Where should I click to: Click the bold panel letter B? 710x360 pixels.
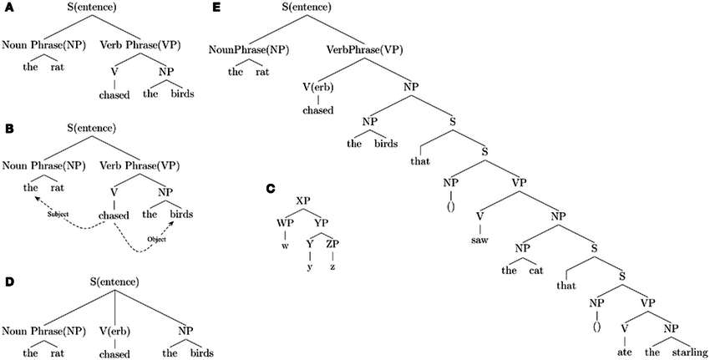pyautogui.click(x=8, y=129)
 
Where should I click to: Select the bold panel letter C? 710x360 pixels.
pyautogui.click(x=271, y=190)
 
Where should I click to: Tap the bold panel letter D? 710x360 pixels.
pyautogui.click(x=8, y=281)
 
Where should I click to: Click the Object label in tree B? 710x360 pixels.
pyautogui.click(x=157, y=240)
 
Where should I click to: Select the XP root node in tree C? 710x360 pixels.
pyautogui.click(x=304, y=202)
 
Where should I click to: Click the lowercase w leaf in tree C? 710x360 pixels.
pyautogui.click(x=285, y=245)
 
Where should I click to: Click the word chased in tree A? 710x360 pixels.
pyautogui.click(x=114, y=94)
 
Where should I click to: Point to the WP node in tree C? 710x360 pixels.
pyautogui.click(x=285, y=223)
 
